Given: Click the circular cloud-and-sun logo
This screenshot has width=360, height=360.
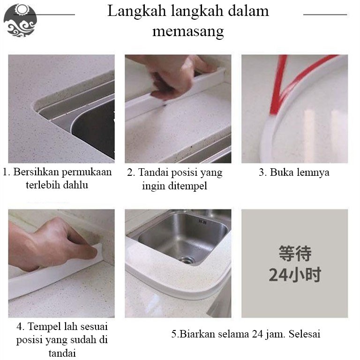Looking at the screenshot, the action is click(20, 20).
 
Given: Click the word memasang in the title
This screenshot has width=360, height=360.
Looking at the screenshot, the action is click(188, 31).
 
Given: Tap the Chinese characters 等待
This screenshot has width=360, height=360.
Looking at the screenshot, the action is click(295, 253).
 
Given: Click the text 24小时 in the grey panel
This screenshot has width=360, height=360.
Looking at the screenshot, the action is click(295, 275).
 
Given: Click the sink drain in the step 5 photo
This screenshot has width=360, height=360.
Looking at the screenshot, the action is click(187, 260).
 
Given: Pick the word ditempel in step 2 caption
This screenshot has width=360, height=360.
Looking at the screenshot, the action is click(187, 186).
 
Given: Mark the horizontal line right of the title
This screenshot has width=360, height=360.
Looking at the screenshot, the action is click(325, 15).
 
